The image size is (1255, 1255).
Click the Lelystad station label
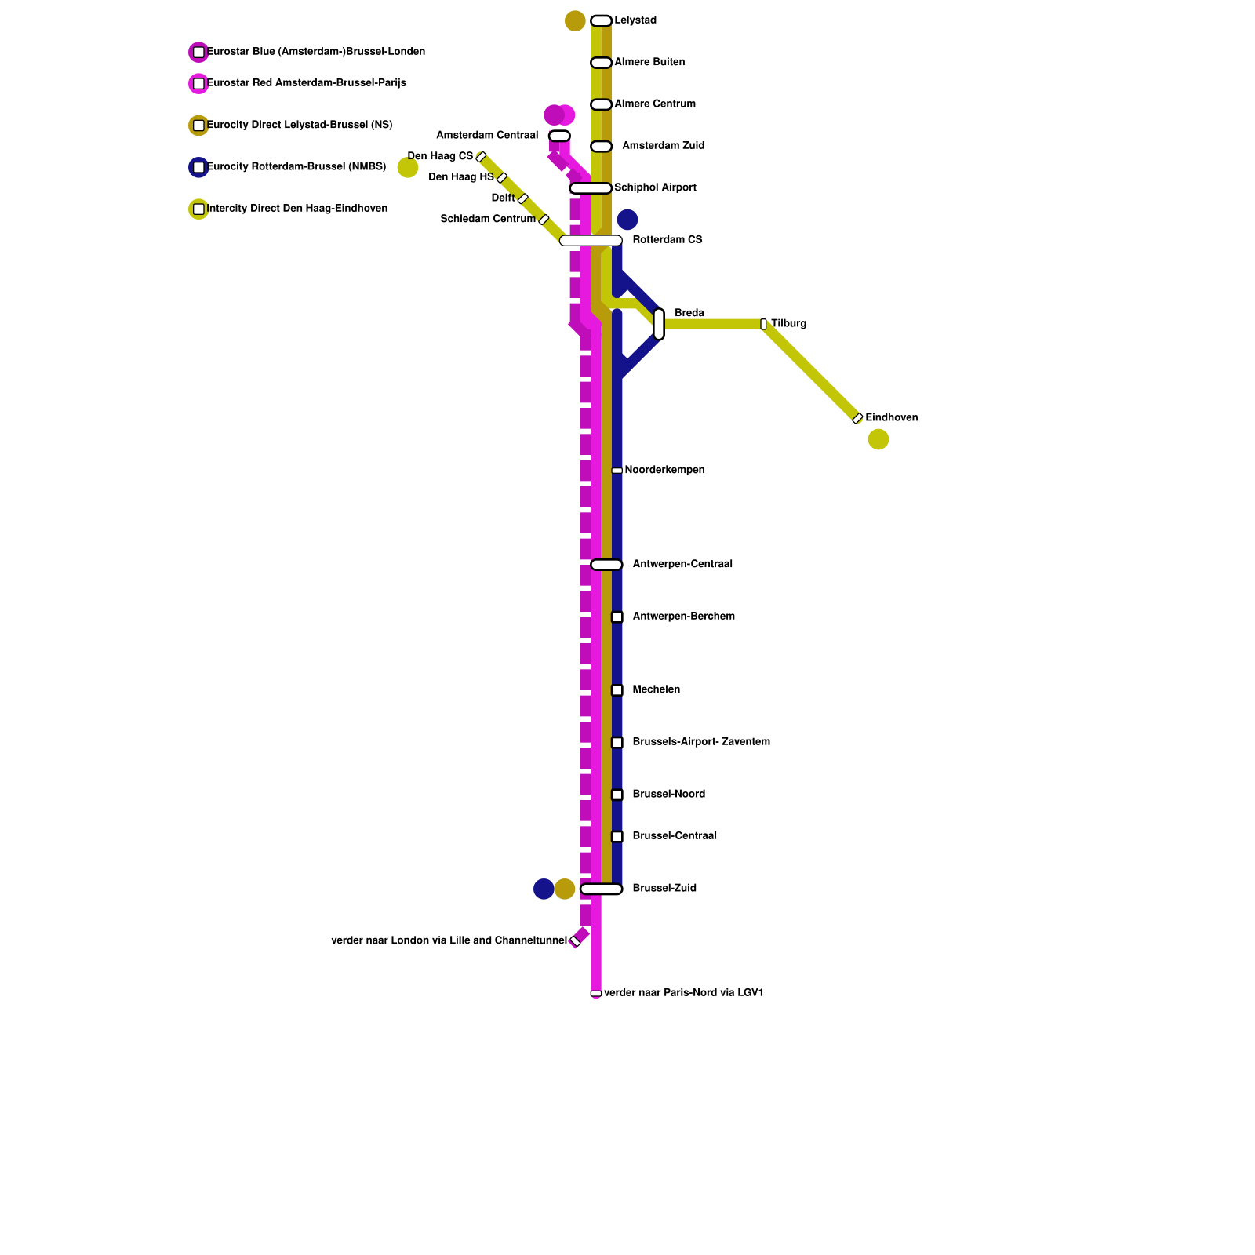point(635,20)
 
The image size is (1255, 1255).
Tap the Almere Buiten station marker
point(601,63)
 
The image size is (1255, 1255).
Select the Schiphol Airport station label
point(655,187)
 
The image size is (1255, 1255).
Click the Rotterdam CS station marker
point(591,241)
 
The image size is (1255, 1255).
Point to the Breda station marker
point(659,324)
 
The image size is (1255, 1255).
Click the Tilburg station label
point(788,324)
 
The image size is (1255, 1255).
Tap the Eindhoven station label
point(891,418)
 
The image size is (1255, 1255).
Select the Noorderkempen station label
point(664,470)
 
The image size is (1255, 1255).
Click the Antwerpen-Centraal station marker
point(606,565)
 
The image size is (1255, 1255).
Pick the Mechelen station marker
point(617,690)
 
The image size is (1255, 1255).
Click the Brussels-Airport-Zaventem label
point(701,742)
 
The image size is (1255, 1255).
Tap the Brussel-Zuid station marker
point(601,889)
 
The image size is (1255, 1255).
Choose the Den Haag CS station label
point(440,156)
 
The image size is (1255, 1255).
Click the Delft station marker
point(523,198)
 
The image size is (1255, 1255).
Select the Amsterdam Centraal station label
point(487,136)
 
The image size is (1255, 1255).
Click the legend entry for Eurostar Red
point(307,83)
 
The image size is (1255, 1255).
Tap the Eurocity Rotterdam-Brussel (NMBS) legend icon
point(198,167)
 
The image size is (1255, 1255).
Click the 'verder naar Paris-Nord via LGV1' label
point(683,993)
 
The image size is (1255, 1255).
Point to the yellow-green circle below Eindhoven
point(878,439)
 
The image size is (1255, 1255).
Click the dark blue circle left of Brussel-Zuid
point(544,889)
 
